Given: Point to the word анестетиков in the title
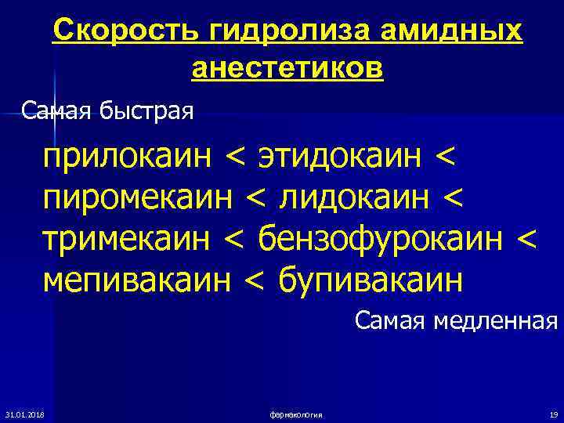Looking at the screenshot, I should [287, 68].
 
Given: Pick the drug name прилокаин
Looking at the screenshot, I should [128, 154].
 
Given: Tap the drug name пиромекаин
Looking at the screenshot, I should [138, 197].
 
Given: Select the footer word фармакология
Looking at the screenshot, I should [295, 414].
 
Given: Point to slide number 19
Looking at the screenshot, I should [552, 414].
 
